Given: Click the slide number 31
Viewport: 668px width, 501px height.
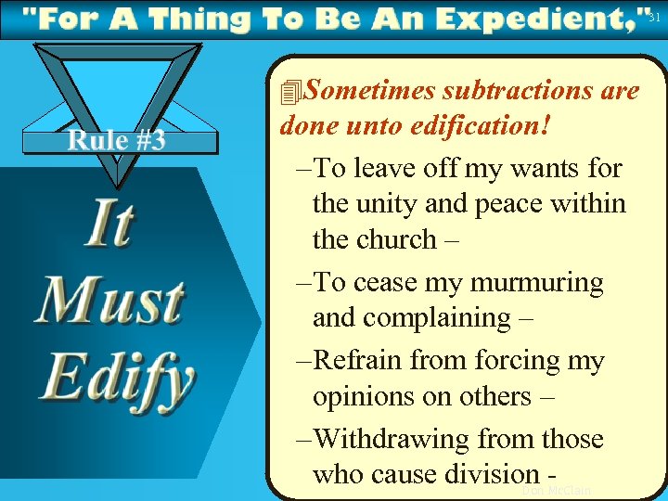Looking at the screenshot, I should point(654,17).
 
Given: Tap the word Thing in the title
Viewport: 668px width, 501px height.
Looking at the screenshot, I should point(199,19).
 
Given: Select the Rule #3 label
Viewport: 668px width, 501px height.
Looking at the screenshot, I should point(116,140).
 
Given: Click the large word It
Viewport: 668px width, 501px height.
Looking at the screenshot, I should point(109,225).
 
